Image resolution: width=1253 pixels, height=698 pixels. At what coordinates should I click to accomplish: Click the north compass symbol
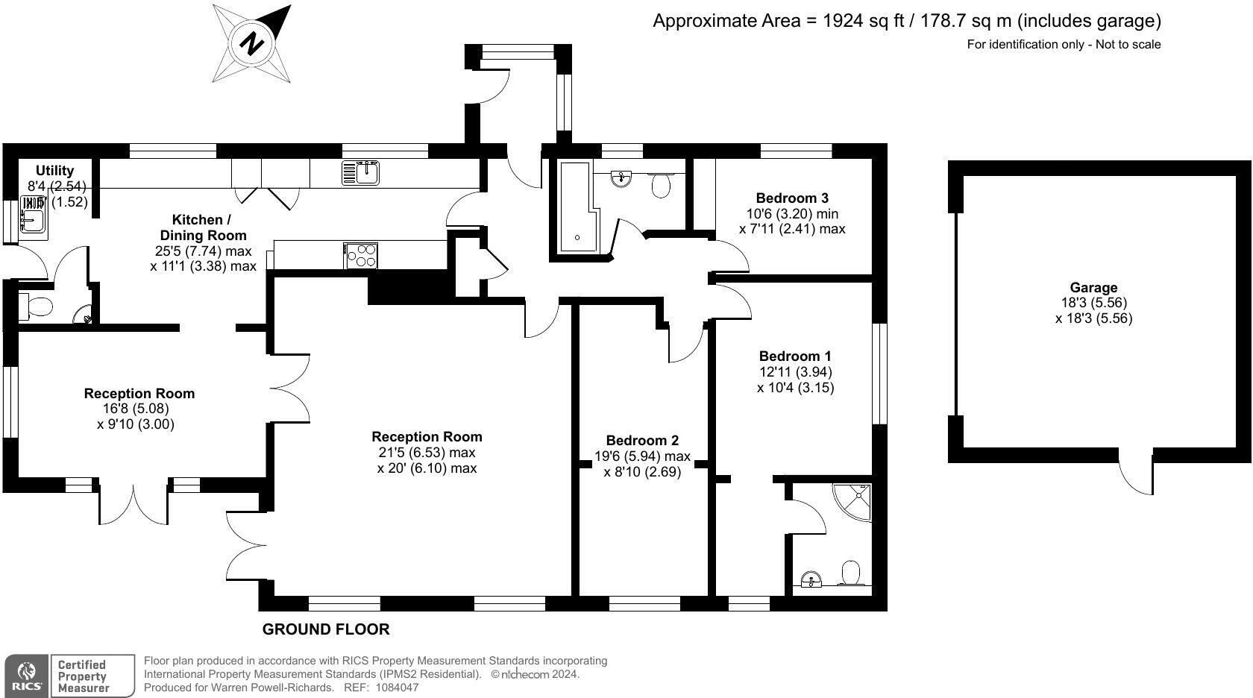point(252,43)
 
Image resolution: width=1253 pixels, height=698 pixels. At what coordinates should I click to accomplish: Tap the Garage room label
point(1093,287)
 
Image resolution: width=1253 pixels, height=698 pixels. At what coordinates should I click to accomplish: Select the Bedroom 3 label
point(792,198)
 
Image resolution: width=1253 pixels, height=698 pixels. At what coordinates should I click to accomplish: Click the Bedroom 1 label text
point(795,356)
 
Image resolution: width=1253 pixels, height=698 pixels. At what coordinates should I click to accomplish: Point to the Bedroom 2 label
point(642,440)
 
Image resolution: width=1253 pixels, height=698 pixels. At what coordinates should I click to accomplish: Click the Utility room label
point(55,170)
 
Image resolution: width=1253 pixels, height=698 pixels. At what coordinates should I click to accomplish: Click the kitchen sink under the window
point(362,173)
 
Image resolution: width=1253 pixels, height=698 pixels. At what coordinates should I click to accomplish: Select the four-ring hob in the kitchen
point(362,256)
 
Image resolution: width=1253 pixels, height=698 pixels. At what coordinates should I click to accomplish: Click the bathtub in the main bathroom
point(577,208)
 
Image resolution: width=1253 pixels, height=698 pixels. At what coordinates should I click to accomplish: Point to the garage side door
point(1139,473)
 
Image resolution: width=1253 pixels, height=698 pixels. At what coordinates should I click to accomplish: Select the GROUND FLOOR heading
point(326,629)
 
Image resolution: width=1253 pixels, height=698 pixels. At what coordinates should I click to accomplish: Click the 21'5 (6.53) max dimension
point(427,453)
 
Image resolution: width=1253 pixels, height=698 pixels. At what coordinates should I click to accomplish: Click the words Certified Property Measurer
point(83,676)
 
